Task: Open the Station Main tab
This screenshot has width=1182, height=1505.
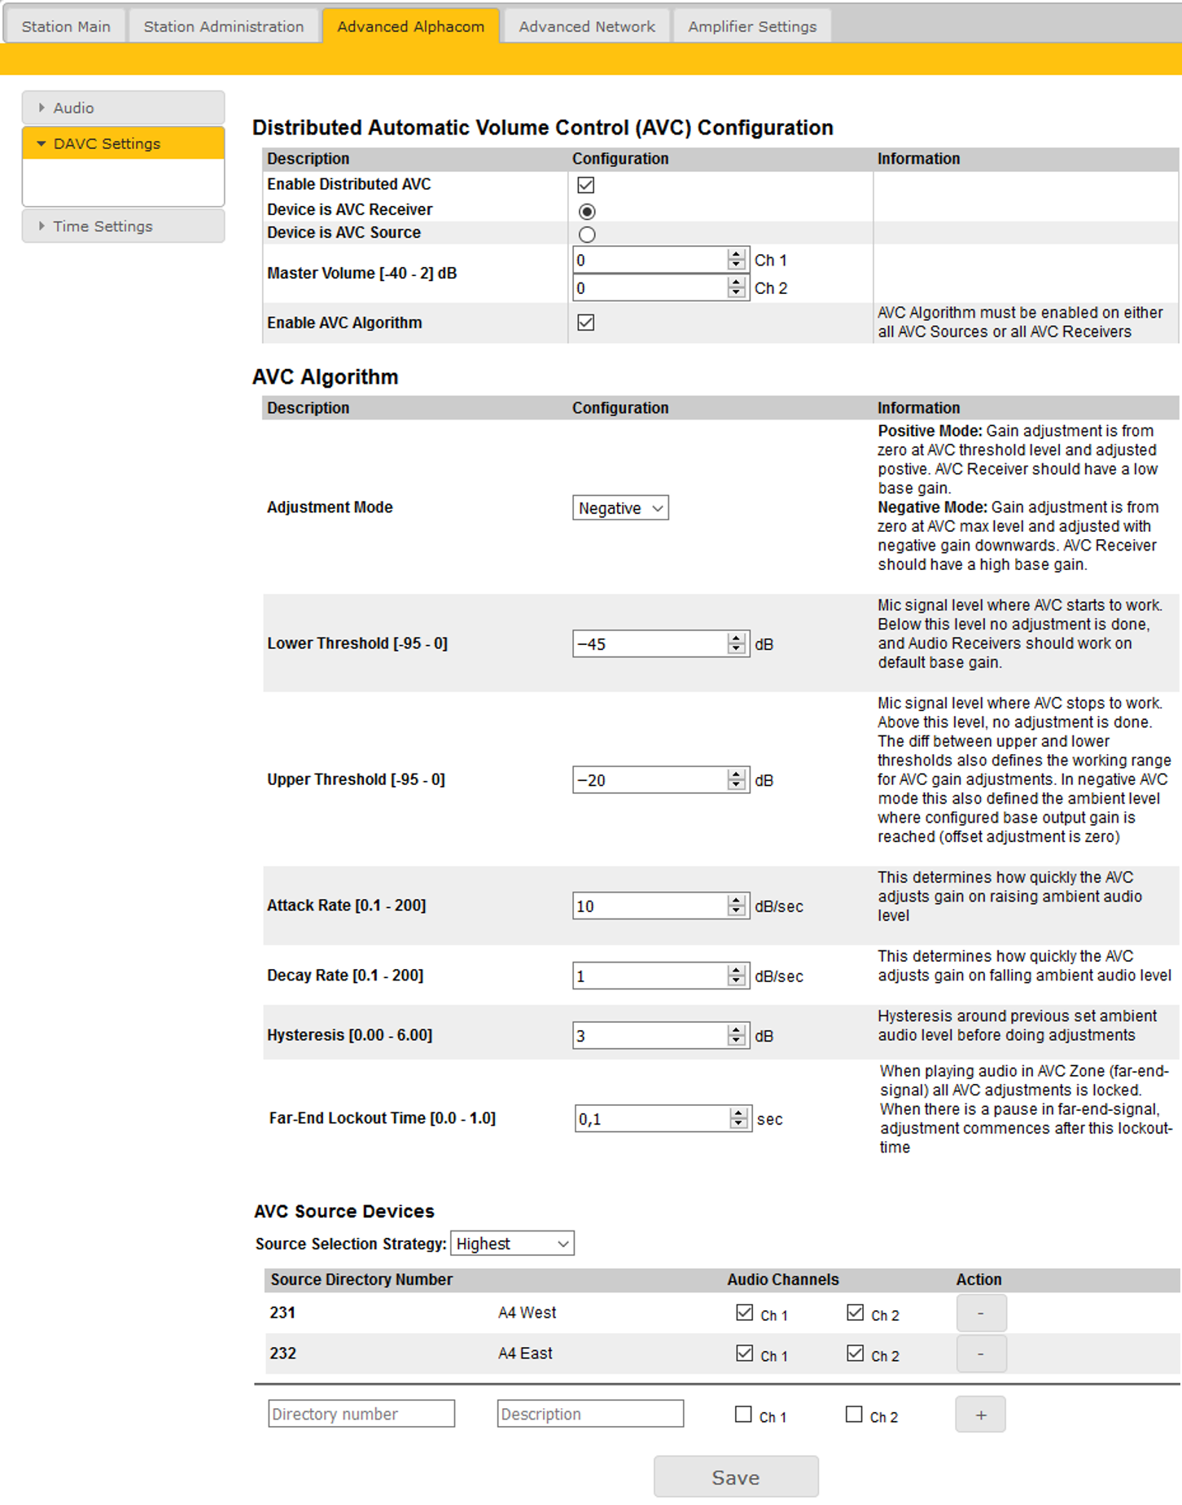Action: click(x=66, y=26)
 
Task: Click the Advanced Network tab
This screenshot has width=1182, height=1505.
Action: click(x=587, y=26)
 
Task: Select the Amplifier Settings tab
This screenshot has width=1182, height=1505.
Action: click(x=752, y=26)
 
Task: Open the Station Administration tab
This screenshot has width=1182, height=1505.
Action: click(x=224, y=26)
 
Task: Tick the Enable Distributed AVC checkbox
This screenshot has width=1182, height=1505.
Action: click(x=586, y=185)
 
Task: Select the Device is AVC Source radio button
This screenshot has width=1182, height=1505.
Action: click(x=587, y=235)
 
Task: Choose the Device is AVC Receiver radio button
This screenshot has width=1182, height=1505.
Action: click(x=587, y=211)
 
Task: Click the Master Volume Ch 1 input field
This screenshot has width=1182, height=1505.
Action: click(x=650, y=261)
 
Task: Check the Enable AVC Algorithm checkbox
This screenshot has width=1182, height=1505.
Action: click(x=586, y=322)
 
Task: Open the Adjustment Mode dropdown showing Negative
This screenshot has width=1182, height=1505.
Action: click(x=620, y=508)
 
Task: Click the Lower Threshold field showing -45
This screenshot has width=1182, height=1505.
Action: click(x=650, y=644)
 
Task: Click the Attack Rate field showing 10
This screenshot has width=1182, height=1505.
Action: click(x=650, y=906)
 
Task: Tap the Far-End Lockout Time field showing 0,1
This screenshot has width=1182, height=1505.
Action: click(x=652, y=1119)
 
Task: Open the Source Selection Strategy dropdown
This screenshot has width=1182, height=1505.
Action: click(x=512, y=1244)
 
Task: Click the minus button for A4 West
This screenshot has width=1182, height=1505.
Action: click(x=981, y=1313)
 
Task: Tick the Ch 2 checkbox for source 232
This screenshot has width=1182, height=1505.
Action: click(x=855, y=1353)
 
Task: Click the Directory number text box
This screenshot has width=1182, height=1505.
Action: click(x=361, y=1414)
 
